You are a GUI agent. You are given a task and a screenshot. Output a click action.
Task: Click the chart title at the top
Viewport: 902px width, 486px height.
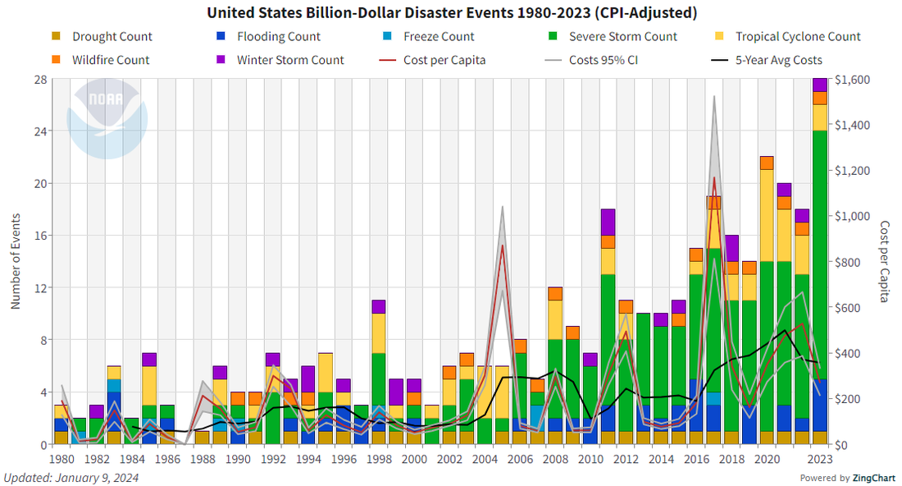(x=452, y=12)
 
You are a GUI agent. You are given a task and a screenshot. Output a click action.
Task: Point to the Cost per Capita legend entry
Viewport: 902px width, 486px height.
(x=444, y=60)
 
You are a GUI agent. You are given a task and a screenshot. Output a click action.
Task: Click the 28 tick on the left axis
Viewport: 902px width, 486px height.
(x=39, y=80)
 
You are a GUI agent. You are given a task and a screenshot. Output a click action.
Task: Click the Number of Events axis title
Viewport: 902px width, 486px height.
(x=16, y=262)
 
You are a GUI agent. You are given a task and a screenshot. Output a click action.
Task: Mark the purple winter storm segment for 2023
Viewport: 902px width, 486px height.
(x=819, y=85)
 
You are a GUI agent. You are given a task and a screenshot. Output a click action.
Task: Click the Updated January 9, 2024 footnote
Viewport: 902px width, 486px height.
(x=71, y=478)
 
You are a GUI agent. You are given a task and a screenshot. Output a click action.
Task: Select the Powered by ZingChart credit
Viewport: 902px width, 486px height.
(x=848, y=478)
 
